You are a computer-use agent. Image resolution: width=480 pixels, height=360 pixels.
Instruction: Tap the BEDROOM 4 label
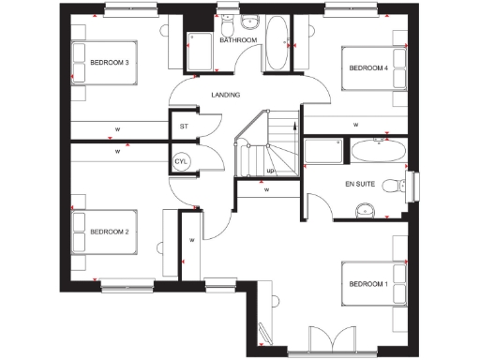coord(368,67)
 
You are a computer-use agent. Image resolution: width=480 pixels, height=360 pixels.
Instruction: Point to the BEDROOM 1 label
coord(367,284)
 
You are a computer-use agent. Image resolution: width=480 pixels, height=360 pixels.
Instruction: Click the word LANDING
coord(225,95)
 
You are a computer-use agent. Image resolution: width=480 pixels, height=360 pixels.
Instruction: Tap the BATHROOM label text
coord(237,41)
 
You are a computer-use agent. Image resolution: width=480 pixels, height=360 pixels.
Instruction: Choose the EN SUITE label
coord(360,184)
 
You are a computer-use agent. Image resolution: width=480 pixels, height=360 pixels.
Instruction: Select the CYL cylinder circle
coord(182,161)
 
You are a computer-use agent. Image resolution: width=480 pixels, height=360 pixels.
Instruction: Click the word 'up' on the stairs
coord(271,171)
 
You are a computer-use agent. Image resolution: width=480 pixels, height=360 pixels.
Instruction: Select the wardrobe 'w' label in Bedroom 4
coord(355,123)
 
